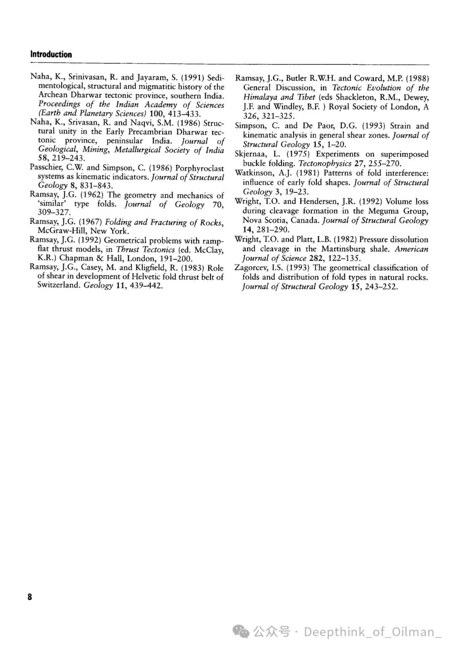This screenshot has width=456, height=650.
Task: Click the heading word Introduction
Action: point(51,54)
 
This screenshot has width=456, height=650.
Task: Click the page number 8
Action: point(30,597)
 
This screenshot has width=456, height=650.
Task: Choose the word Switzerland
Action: point(59,285)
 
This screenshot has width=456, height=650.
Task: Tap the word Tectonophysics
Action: point(325,164)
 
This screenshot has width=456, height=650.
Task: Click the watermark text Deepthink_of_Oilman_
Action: point(372,632)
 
